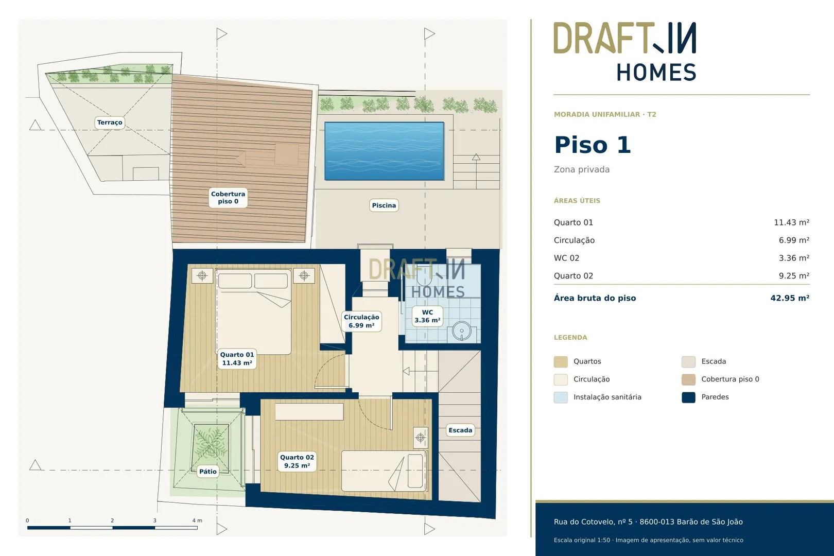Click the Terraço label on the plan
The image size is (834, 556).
110,123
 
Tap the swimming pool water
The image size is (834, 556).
384,151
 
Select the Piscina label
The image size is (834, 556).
384,205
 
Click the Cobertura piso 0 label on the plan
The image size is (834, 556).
228,197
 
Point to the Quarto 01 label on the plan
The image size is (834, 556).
237,359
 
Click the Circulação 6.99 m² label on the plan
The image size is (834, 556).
361,321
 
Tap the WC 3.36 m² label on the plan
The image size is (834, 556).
427,316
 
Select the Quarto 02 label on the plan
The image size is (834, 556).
297,461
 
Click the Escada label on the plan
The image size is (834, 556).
460,430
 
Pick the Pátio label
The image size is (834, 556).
208,472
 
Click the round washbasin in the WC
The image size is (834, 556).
462,331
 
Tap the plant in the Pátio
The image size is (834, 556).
211,443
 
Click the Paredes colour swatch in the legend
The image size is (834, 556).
688,397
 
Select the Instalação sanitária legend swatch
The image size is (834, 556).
561,397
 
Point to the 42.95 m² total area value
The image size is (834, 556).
790,298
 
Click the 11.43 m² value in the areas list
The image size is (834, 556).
792,222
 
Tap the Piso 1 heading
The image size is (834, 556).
593,145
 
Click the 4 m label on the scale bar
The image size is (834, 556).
197,520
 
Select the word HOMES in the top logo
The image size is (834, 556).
656,72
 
